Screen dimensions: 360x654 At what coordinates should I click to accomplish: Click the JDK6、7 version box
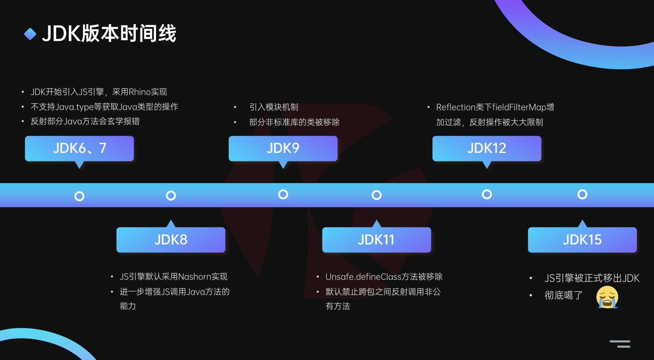point(79,148)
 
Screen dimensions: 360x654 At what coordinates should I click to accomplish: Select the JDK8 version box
point(171,239)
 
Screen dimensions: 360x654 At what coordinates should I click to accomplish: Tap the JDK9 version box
point(283,148)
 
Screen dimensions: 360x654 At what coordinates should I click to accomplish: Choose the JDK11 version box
point(376,239)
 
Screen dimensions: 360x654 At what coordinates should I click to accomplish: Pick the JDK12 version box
point(487,148)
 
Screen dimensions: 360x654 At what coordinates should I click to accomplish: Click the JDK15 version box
point(582,239)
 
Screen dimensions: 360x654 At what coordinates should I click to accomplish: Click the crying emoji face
point(607,297)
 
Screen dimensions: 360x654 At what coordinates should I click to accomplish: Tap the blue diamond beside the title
point(30,34)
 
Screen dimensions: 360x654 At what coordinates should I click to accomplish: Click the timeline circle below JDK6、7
point(79,196)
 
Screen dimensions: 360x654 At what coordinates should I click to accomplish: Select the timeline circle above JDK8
point(171,196)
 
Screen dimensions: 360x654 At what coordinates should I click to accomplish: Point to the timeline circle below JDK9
point(283,194)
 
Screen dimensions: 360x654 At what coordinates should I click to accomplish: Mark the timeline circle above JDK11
point(377,195)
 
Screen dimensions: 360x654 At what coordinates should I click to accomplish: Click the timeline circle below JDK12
point(487,194)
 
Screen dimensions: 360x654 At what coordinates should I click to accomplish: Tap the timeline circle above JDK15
point(582,194)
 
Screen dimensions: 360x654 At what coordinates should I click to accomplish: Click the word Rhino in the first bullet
point(139,92)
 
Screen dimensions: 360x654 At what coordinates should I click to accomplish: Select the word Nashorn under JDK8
point(194,277)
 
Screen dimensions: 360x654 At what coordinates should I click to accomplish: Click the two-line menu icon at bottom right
point(620,344)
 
